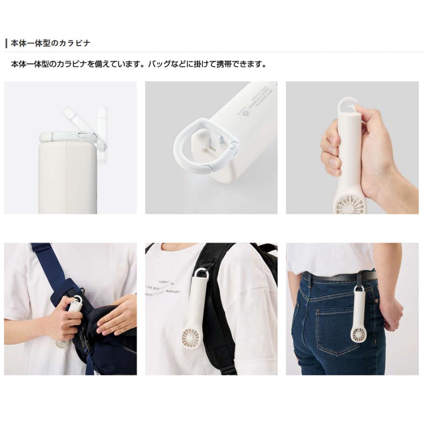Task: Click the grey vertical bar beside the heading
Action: tap(6, 43)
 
